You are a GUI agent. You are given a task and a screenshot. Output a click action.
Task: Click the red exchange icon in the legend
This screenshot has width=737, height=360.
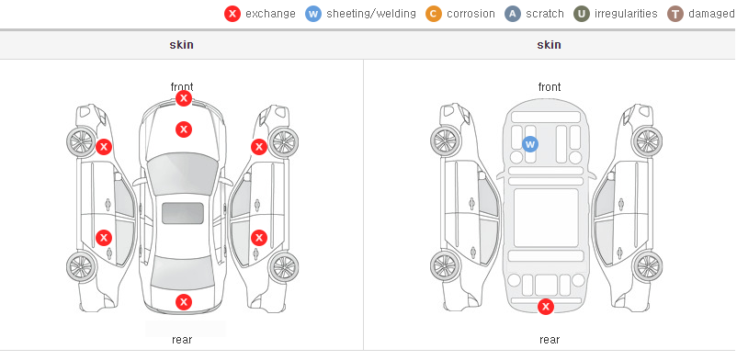232,14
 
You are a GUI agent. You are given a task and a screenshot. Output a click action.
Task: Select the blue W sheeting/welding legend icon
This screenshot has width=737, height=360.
313,14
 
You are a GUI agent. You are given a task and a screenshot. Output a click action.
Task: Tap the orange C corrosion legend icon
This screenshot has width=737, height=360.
434,14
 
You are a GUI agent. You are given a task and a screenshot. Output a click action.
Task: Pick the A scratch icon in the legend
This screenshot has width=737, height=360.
513,14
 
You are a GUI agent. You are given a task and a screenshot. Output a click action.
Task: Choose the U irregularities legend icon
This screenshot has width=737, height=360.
582,14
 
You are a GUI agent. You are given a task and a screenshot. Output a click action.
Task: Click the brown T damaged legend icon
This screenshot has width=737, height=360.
675,14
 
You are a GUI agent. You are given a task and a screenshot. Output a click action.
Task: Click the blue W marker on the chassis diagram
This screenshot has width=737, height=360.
530,144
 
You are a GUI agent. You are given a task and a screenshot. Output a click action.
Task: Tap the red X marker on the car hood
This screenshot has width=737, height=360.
184,129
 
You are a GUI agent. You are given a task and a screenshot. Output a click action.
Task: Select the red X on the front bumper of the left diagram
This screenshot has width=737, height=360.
184,98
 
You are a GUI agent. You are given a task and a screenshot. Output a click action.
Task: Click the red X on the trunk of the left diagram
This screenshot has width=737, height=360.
184,302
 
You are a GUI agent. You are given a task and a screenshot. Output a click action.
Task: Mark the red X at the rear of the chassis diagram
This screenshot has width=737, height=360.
546,307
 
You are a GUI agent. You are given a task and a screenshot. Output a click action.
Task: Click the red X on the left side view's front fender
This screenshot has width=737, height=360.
104,147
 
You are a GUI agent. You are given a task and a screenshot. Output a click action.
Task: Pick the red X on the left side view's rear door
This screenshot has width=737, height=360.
104,238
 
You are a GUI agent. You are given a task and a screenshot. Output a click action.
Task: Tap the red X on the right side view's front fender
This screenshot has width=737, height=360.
259,147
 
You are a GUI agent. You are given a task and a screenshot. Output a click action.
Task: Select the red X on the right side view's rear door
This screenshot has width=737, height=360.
259,238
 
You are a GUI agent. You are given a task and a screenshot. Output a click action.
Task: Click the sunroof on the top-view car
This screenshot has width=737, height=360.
183,213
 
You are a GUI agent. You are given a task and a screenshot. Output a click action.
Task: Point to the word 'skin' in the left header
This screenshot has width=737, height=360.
181,45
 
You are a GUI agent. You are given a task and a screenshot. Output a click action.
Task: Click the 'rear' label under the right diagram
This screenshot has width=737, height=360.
550,340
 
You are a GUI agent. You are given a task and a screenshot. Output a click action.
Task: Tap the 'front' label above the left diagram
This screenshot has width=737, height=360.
182,87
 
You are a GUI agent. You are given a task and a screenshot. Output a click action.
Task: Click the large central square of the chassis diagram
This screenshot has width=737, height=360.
546,218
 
